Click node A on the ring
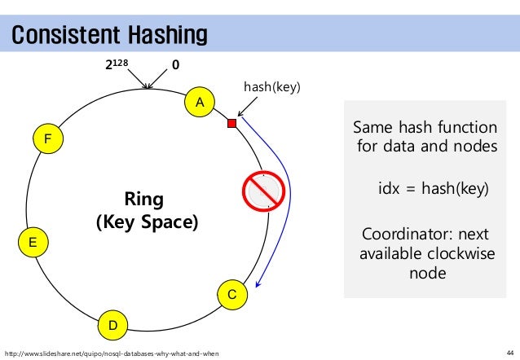198,102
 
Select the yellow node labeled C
231,293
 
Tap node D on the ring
113,326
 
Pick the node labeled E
32,242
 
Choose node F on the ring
47,140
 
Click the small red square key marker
231,123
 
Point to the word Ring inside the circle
144,200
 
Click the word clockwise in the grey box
456,254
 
